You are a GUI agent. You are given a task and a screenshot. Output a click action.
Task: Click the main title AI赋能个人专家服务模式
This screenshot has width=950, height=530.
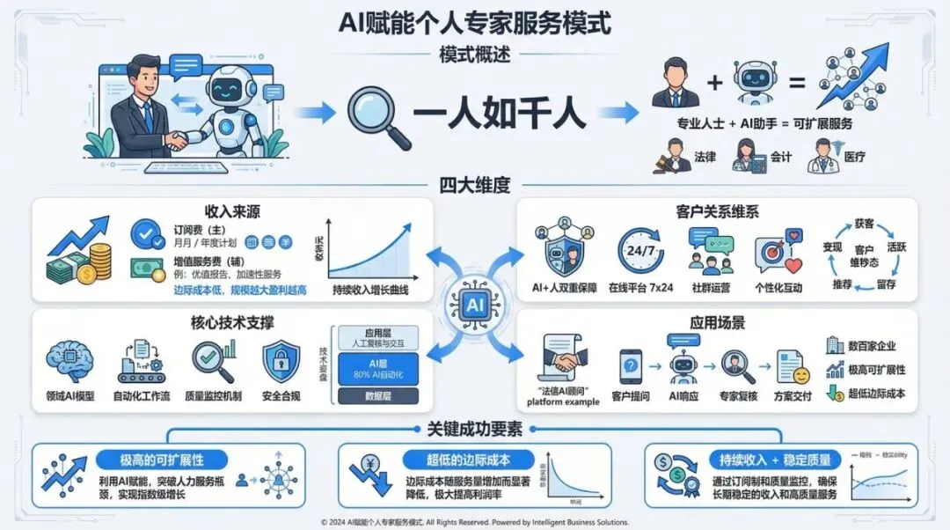475,21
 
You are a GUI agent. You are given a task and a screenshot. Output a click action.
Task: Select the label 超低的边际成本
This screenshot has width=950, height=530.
468,460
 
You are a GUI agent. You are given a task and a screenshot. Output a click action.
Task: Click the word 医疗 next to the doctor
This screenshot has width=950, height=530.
854,157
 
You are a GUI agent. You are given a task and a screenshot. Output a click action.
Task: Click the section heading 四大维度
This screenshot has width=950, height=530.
475,185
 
